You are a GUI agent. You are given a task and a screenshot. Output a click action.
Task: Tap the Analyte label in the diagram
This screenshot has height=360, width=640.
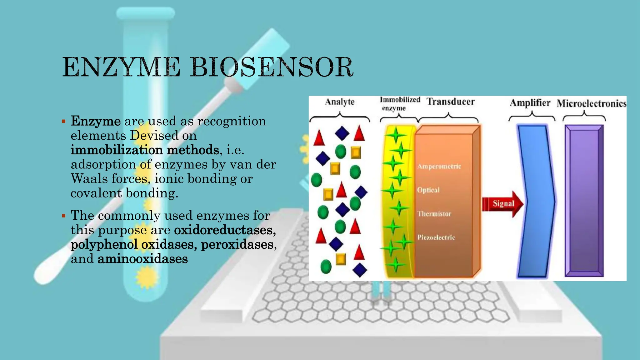(x=340, y=102)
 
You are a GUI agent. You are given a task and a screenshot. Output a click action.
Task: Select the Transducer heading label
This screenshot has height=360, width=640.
(x=450, y=102)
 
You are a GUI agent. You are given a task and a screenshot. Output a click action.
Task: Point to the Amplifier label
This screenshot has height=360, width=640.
(x=530, y=103)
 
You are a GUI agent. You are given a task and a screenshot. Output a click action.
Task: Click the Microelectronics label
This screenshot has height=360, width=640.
(x=591, y=103)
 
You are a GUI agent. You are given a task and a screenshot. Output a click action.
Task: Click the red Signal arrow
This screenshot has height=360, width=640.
(x=502, y=204)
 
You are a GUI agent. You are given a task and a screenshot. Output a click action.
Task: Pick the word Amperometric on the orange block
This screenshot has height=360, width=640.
(x=439, y=166)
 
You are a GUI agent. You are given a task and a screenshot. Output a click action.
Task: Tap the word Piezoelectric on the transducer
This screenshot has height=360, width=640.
(x=436, y=237)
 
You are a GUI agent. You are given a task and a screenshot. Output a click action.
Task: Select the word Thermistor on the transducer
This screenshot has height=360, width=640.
(x=434, y=214)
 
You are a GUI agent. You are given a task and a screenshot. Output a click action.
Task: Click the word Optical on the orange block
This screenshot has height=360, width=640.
(x=428, y=190)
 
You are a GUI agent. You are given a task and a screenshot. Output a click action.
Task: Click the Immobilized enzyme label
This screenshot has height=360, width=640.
(x=399, y=104)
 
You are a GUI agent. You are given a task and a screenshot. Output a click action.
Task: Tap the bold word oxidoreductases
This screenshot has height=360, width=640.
(x=225, y=230)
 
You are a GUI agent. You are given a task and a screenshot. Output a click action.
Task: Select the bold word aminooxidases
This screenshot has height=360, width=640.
(x=142, y=259)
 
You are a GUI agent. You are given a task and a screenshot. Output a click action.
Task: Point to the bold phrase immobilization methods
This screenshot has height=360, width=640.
(x=144, y=150)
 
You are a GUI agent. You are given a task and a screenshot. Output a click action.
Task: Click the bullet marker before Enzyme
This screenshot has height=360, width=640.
(x=64, y=121)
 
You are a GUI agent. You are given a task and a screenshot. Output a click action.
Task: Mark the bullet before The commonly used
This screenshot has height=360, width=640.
(x=64, y=216)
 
